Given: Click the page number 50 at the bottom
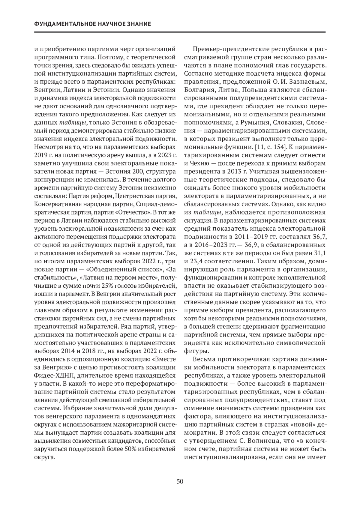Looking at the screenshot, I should [180, 482].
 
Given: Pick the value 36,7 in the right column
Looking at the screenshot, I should [319, 237].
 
